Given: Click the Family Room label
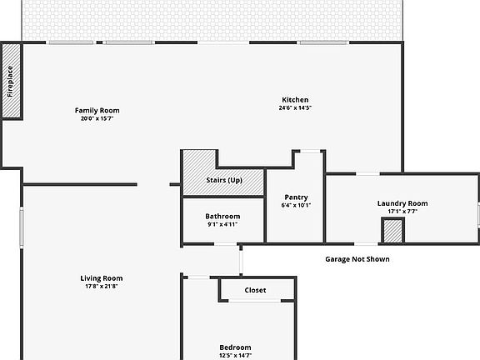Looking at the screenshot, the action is [x=97, y=111].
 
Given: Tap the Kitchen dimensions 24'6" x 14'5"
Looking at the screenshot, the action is [x=295, y=107].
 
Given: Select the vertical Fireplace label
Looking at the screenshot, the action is [x=10, y=82].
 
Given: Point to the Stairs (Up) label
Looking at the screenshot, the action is [x=224, y=180].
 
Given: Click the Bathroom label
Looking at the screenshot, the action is [x=222, y=217].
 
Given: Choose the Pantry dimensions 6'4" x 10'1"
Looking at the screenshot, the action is [x=296, y=205].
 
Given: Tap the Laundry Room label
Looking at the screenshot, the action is [x=402, y=203].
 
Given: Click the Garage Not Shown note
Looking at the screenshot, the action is [x=357, y=259].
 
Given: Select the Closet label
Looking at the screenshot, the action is [x=255, y=290].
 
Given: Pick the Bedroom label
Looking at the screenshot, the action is [x=235, y=347].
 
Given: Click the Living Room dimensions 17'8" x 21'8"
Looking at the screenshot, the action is [x=102, y=286].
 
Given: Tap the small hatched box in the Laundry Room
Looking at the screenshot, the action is [x=392, y=230].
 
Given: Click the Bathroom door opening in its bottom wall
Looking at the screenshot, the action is [x=225, y=244].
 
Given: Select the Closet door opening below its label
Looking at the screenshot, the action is [x=255, y=301].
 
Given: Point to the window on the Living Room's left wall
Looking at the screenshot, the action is [x=22, y=227].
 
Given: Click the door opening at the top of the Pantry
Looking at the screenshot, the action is [x=310, y=151].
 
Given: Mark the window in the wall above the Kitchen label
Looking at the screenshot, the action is [x=323, y=42].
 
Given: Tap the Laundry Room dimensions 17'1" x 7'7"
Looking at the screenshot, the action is [x=402, y=211].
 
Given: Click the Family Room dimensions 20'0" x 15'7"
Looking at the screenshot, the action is [x=97, y=118].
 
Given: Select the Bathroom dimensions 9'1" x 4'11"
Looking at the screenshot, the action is [x=222, y=224].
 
